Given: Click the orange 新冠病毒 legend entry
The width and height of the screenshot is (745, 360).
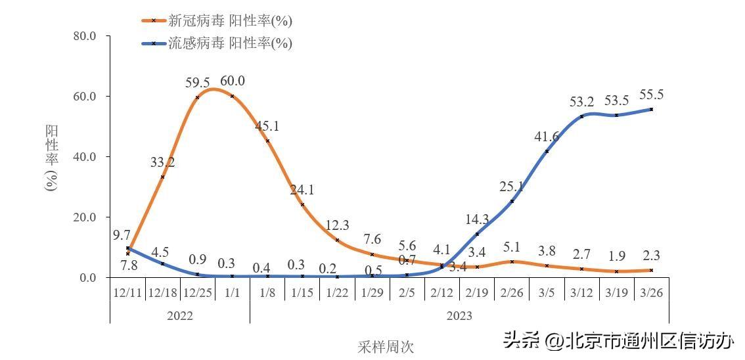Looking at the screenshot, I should pos(217,20).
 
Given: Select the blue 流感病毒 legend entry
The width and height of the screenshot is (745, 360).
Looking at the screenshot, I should pos(217,43).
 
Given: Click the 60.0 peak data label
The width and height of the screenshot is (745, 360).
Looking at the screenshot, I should pos(233,81).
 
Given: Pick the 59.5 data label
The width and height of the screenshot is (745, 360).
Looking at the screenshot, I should pos(197,83).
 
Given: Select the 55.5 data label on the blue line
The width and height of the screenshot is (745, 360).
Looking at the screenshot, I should pos(651,95).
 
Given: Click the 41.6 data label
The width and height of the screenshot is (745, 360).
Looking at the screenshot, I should pos(547,137).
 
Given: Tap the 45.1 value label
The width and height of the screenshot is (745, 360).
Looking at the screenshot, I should pos(267,126).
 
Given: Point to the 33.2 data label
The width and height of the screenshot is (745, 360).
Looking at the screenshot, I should pos(162,162).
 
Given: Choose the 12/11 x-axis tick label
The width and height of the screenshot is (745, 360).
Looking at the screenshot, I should pos(127,292).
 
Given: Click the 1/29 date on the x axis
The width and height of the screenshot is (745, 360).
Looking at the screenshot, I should pos(372,292).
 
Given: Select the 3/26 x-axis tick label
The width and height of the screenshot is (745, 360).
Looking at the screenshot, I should pos(651,292).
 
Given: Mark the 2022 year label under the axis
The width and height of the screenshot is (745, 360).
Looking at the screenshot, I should pos(180,316).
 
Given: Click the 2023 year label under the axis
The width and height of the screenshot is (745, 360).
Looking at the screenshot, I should pos(459,316).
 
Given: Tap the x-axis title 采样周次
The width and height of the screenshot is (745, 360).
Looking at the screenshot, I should pos(386,346).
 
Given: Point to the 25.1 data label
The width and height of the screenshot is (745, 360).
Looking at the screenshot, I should pos(512,187).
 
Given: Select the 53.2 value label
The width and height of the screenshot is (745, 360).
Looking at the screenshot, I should pos(581,101).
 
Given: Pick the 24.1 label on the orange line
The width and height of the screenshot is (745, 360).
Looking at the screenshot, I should pos(302,191).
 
